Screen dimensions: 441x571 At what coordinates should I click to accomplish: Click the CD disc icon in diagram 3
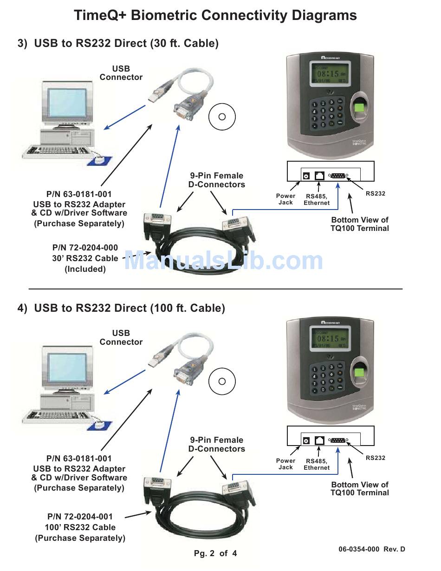coord(222,117)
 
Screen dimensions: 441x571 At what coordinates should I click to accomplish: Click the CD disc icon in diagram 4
coord(222,381)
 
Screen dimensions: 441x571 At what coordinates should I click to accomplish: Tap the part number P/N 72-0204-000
coord(85,248)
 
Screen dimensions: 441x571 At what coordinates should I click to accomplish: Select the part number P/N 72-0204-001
coord(80,517)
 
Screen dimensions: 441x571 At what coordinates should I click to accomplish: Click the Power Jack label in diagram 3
coord(285,199)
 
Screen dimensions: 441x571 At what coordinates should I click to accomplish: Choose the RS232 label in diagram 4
coord(375,458)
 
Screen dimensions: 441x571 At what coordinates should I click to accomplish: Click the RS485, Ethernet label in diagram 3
coord(317,199)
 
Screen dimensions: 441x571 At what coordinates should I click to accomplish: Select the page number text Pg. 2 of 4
coord(215,553)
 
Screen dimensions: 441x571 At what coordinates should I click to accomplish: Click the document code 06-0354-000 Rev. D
coord(371,549)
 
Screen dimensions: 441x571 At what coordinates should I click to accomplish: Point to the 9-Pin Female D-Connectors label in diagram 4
coord(216,444)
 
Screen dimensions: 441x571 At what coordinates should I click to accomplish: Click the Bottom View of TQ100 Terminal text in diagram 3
coord(360,224)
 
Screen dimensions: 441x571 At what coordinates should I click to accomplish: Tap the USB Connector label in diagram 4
coord(121,337)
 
